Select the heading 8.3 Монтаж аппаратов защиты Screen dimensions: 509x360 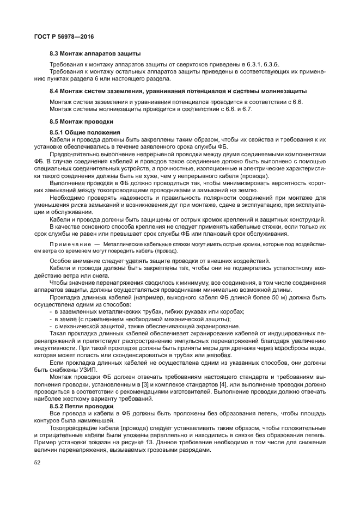click(x=95, y=54)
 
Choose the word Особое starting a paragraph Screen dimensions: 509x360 click(x=60, y=261)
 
